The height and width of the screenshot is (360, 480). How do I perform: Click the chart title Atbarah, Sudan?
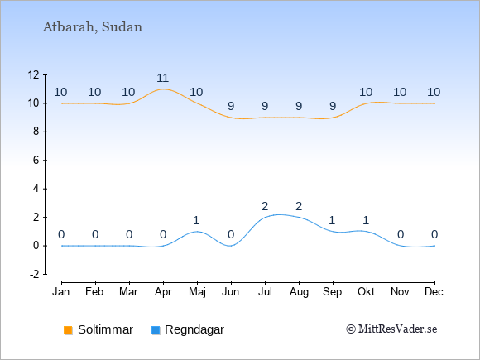pos(93,27)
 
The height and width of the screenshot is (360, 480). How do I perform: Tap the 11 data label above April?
pos(163,78)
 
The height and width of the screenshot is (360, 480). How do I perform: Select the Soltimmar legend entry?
pos(98,329)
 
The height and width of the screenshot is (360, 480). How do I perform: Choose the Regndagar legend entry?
pos(188,329)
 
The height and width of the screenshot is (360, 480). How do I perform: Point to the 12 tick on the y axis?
pos(34,74)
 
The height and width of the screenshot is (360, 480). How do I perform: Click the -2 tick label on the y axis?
pos(34,274)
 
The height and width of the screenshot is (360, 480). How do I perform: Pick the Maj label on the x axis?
pos(197,292)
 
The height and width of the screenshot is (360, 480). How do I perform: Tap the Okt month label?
pos(366,292)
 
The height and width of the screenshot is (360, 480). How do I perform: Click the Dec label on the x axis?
pos(434,292)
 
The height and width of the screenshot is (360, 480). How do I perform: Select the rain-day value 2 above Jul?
pos(265,206)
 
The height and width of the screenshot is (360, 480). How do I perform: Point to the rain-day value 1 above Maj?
pos(196,220)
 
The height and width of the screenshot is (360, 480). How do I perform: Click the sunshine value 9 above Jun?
pos(231,106)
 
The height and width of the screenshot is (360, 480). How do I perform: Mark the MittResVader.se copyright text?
pos(391,329)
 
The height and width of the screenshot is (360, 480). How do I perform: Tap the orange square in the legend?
pos(68,330)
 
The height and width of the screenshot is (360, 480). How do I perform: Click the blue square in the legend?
pos(156,330)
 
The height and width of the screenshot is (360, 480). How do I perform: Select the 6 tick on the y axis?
pos(36,160)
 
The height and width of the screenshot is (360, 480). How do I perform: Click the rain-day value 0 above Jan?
pos(61,235)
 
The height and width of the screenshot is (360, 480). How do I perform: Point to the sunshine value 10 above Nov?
pos(400,92)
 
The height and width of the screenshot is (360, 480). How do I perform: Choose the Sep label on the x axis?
pos(333,292)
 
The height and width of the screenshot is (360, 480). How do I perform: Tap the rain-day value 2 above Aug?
pos(299,206)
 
